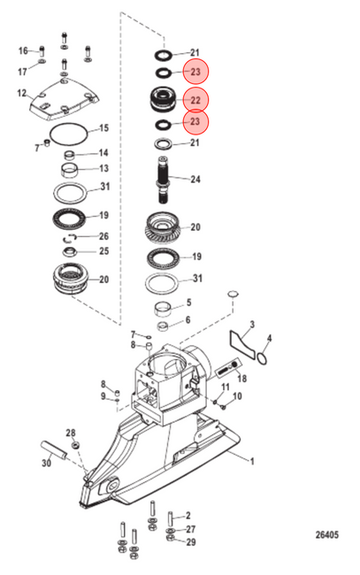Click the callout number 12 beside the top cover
[21, 93]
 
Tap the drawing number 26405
[327, 535]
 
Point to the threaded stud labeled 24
[163, 180]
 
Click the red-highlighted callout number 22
[195, 100]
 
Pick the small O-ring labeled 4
[262, 358]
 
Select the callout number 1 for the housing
[252, 461]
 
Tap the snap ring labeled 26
[69, 238]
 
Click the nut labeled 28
[76, 445]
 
